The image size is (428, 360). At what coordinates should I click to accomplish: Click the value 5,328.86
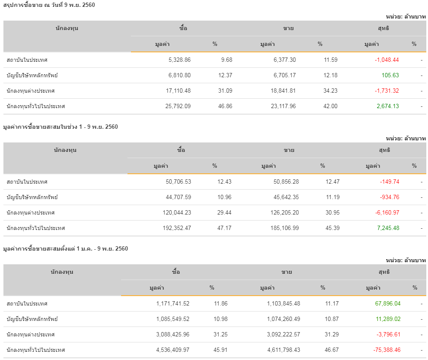[179, 60]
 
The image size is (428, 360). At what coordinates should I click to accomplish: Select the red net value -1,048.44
[387, 60]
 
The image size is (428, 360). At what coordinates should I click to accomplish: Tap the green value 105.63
[390, 76]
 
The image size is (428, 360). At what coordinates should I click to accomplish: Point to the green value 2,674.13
[388, 106]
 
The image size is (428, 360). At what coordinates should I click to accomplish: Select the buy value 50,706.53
[178, 182]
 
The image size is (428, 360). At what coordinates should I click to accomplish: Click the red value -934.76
[389, 197]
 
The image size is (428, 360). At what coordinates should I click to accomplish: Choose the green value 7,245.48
[388, 228]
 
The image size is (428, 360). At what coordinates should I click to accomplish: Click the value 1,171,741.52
[173, 304]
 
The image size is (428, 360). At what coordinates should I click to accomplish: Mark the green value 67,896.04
[388, 304]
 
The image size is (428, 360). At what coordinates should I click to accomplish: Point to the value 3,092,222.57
[278, 335]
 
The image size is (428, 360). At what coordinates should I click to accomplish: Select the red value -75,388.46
[386, 350]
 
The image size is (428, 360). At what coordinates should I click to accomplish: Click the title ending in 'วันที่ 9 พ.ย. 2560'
[49, 5]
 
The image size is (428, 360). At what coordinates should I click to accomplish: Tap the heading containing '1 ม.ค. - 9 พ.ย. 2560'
[65, 249]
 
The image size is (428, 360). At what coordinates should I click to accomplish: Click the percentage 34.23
[331, 91]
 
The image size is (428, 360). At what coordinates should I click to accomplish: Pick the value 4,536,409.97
[173, 350]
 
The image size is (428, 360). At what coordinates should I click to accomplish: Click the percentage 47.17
[225, 228]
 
